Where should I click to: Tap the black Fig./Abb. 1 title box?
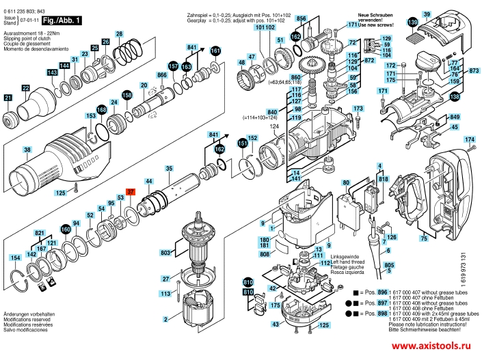(x=64, y=21)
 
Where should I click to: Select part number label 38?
(x=26, y=150)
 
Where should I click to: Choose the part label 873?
(x=474, y=70)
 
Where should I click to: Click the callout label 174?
(x=470, y=140)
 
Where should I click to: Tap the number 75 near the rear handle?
(x=424, y=238)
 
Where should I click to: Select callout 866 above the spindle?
(x=162, y=74)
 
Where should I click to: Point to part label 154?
(x=14, y=258)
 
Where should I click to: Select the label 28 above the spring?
(x=119, y=34)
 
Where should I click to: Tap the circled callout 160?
(x=66, y=230)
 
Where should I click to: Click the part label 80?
(x=346, y=182)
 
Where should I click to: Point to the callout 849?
(x=454, y=117)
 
